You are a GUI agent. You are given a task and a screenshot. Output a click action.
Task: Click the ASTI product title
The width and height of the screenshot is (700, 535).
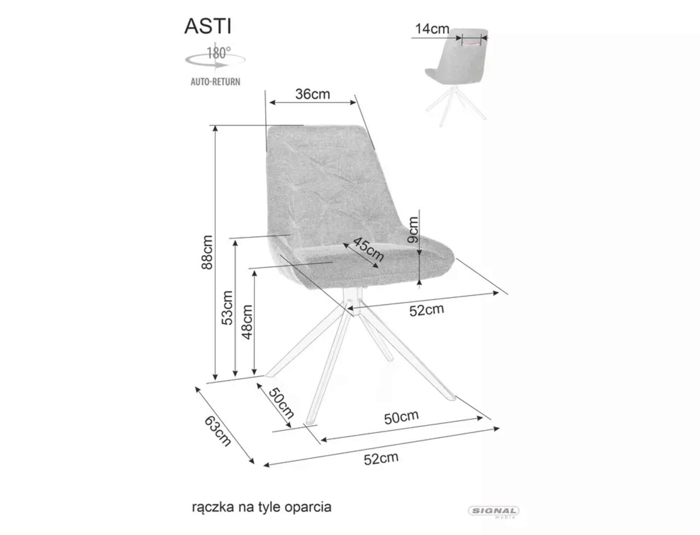[x=208, y=26]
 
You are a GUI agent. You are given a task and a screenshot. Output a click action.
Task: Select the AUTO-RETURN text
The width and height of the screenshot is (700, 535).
[x=215, y=82]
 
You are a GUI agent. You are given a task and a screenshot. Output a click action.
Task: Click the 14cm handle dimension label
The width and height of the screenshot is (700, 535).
[x=432, y=29]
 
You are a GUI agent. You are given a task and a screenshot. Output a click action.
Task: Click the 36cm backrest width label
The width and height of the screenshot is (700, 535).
[x=313, y=94]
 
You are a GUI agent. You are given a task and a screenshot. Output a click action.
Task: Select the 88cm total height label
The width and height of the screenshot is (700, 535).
[x=207, y=251]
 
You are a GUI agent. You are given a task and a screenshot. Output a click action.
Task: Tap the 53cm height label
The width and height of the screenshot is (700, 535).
[x=227, y=308]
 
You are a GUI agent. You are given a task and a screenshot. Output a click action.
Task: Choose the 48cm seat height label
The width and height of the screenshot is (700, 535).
[x=247, y=321]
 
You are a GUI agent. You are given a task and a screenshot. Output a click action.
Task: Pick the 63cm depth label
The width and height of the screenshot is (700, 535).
[x=218, y=430]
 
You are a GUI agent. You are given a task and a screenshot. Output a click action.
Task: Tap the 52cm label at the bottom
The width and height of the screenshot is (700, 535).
[x=381, y=458]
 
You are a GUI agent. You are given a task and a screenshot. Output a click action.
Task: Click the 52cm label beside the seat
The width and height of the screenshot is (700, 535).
[x=427, y=310]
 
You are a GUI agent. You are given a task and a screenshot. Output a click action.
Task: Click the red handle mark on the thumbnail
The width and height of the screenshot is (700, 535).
[x=471, y=40]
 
